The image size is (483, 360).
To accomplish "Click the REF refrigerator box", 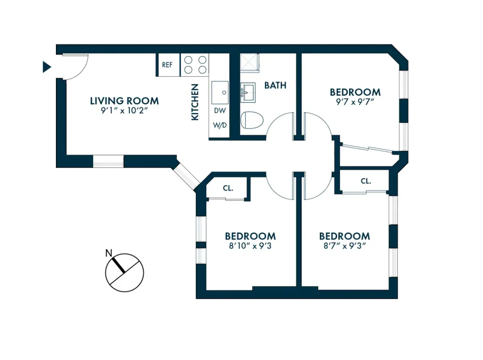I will point(167,65).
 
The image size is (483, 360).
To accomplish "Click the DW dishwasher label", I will point(219,110).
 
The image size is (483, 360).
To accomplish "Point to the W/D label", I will point(219,126).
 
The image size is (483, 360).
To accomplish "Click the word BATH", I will point(275,85).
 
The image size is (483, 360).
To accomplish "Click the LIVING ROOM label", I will point(124,101).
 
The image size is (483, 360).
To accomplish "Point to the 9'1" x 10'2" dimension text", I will point(124,110).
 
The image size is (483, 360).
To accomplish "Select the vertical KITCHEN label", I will point(195,102).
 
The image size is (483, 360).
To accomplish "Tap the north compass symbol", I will point(125,273).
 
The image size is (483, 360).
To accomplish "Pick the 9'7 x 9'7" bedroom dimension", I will point(355,102).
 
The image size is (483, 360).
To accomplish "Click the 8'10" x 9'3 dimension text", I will point(250,246).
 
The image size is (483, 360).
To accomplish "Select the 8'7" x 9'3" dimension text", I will point(344,246).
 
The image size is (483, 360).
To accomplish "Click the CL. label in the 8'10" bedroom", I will point(228,188).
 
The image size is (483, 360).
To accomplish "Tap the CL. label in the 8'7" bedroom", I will point(366,181).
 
